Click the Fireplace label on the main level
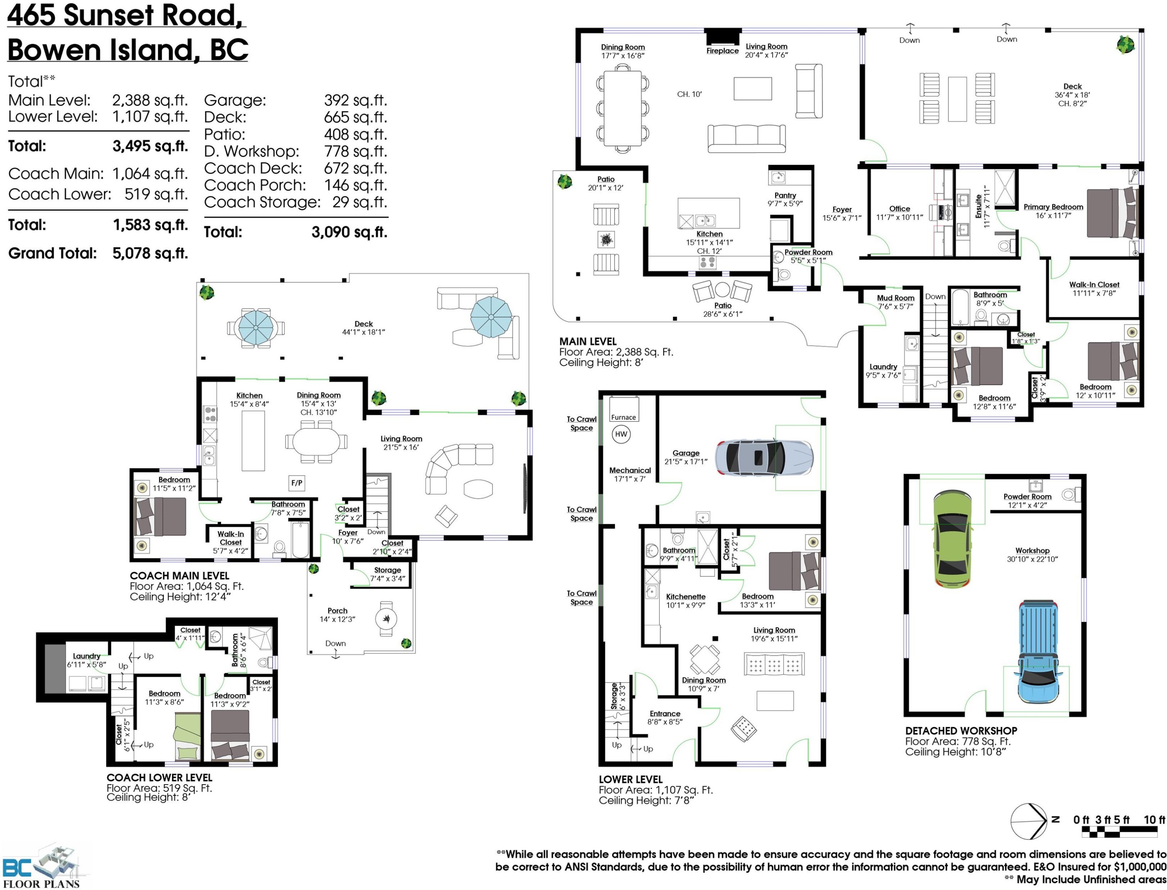coord(722,51)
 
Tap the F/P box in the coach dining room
coord(296,483)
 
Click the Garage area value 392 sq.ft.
coord(355,100)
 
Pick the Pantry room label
coord(785,195)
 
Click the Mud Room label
coord(895,298)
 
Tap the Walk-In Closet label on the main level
coord(1094,284)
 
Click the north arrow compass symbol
coord(1028,821)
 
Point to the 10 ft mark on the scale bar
coord(1154,820)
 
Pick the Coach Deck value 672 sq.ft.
coord(355,168)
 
